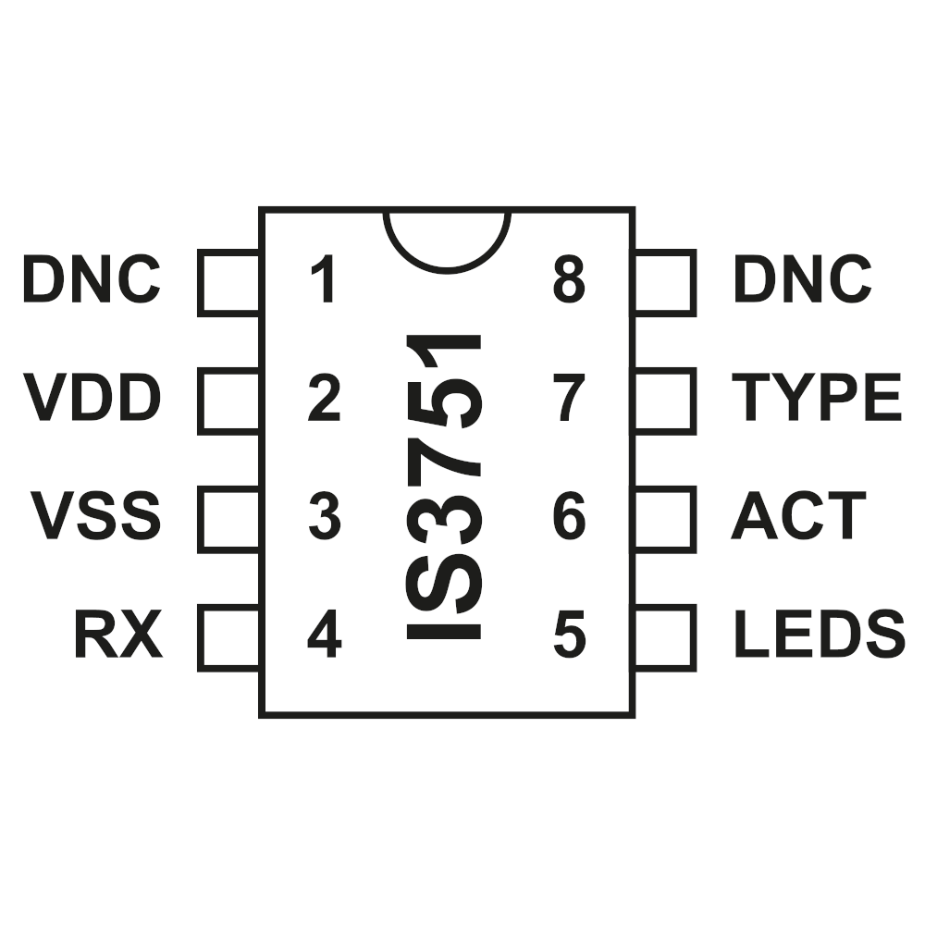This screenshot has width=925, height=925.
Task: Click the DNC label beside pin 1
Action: tap(92, 279)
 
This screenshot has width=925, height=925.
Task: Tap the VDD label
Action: tap(92, 397)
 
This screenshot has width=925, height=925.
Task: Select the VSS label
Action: tap(95, 515)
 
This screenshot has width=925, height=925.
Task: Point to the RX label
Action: tap(118, 634)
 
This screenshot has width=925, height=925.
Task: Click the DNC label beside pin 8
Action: tap(803, 279)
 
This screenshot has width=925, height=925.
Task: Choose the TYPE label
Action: tap(817, 397)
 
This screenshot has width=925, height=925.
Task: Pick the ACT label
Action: tap(799, 515)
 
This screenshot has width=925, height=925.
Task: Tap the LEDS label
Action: tap(820, 634)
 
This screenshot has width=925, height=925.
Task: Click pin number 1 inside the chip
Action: tap(324, 279)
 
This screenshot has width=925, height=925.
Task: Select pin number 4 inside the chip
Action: tap(325, 634)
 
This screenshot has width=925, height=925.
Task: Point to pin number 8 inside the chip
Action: tap(569, 279)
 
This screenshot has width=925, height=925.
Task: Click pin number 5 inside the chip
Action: tap(570, 635)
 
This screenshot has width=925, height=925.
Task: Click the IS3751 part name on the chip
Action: tap(444, 487)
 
